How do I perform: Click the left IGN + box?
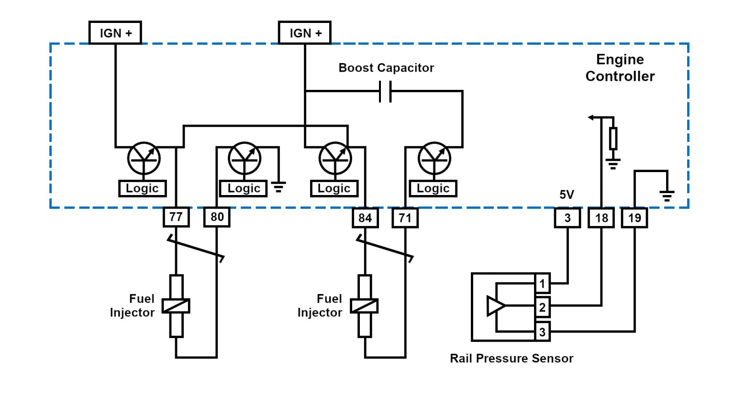[115, 33]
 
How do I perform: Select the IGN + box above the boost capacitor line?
[305, 33]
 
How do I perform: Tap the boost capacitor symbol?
[385, 91]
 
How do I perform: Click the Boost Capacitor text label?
[386, 68]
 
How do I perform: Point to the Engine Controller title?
[620, 67]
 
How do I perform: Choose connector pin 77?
[176, 217]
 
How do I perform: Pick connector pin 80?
[217, 217]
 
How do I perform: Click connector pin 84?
[365, 218]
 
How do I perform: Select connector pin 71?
[405, 218]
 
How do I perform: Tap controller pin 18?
[601, 218]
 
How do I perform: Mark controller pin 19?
[635, 218]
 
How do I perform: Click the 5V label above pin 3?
[567, 195]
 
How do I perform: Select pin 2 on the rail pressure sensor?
[542, 307]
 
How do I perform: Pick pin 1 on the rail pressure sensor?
[542, 283]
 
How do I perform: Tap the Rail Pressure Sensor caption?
[512, 359]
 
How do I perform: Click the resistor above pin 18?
[613, 139]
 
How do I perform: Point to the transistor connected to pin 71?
[434, 158]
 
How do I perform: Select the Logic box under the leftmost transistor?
[142, 188]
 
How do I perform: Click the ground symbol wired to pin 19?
[667, 195]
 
